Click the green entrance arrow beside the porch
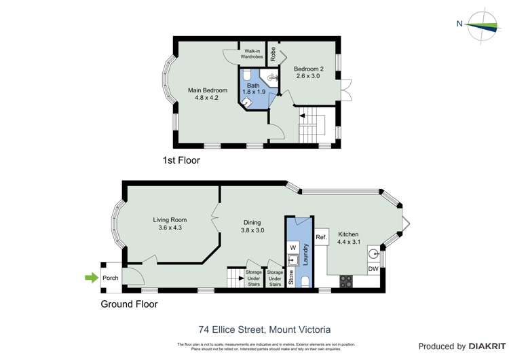(90, 277)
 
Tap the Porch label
(111, 278)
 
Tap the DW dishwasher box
(373, 270)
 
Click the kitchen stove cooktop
(346, 280)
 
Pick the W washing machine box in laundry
(293, 247)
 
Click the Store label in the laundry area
(292, 279)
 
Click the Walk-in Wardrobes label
(250, 53)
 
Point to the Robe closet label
(273, 54)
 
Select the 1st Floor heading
(181, 160)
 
